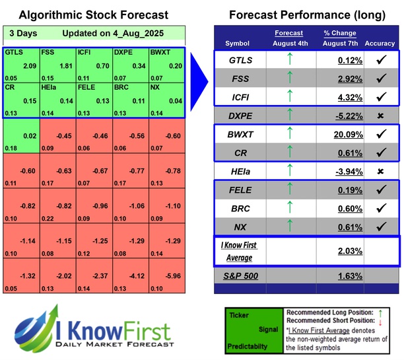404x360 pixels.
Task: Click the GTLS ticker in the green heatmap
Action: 13,51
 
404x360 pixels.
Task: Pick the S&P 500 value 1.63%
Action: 332,276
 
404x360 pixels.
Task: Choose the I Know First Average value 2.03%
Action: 332,251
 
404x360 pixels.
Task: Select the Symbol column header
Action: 238,44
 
